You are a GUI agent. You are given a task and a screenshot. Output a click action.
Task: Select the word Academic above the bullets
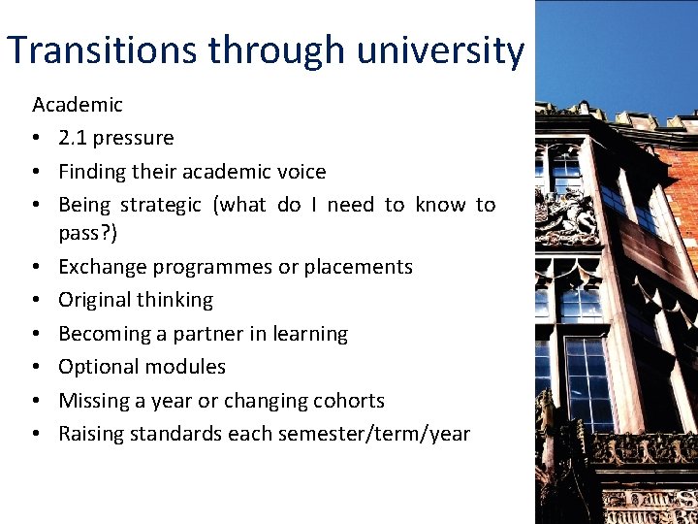coord(78,105)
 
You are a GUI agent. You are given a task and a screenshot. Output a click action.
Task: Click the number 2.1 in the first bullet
coord(72,138)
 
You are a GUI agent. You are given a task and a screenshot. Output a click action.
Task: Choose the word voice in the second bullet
coord(301,172)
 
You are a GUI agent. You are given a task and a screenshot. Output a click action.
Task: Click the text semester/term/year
coord(372,434)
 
